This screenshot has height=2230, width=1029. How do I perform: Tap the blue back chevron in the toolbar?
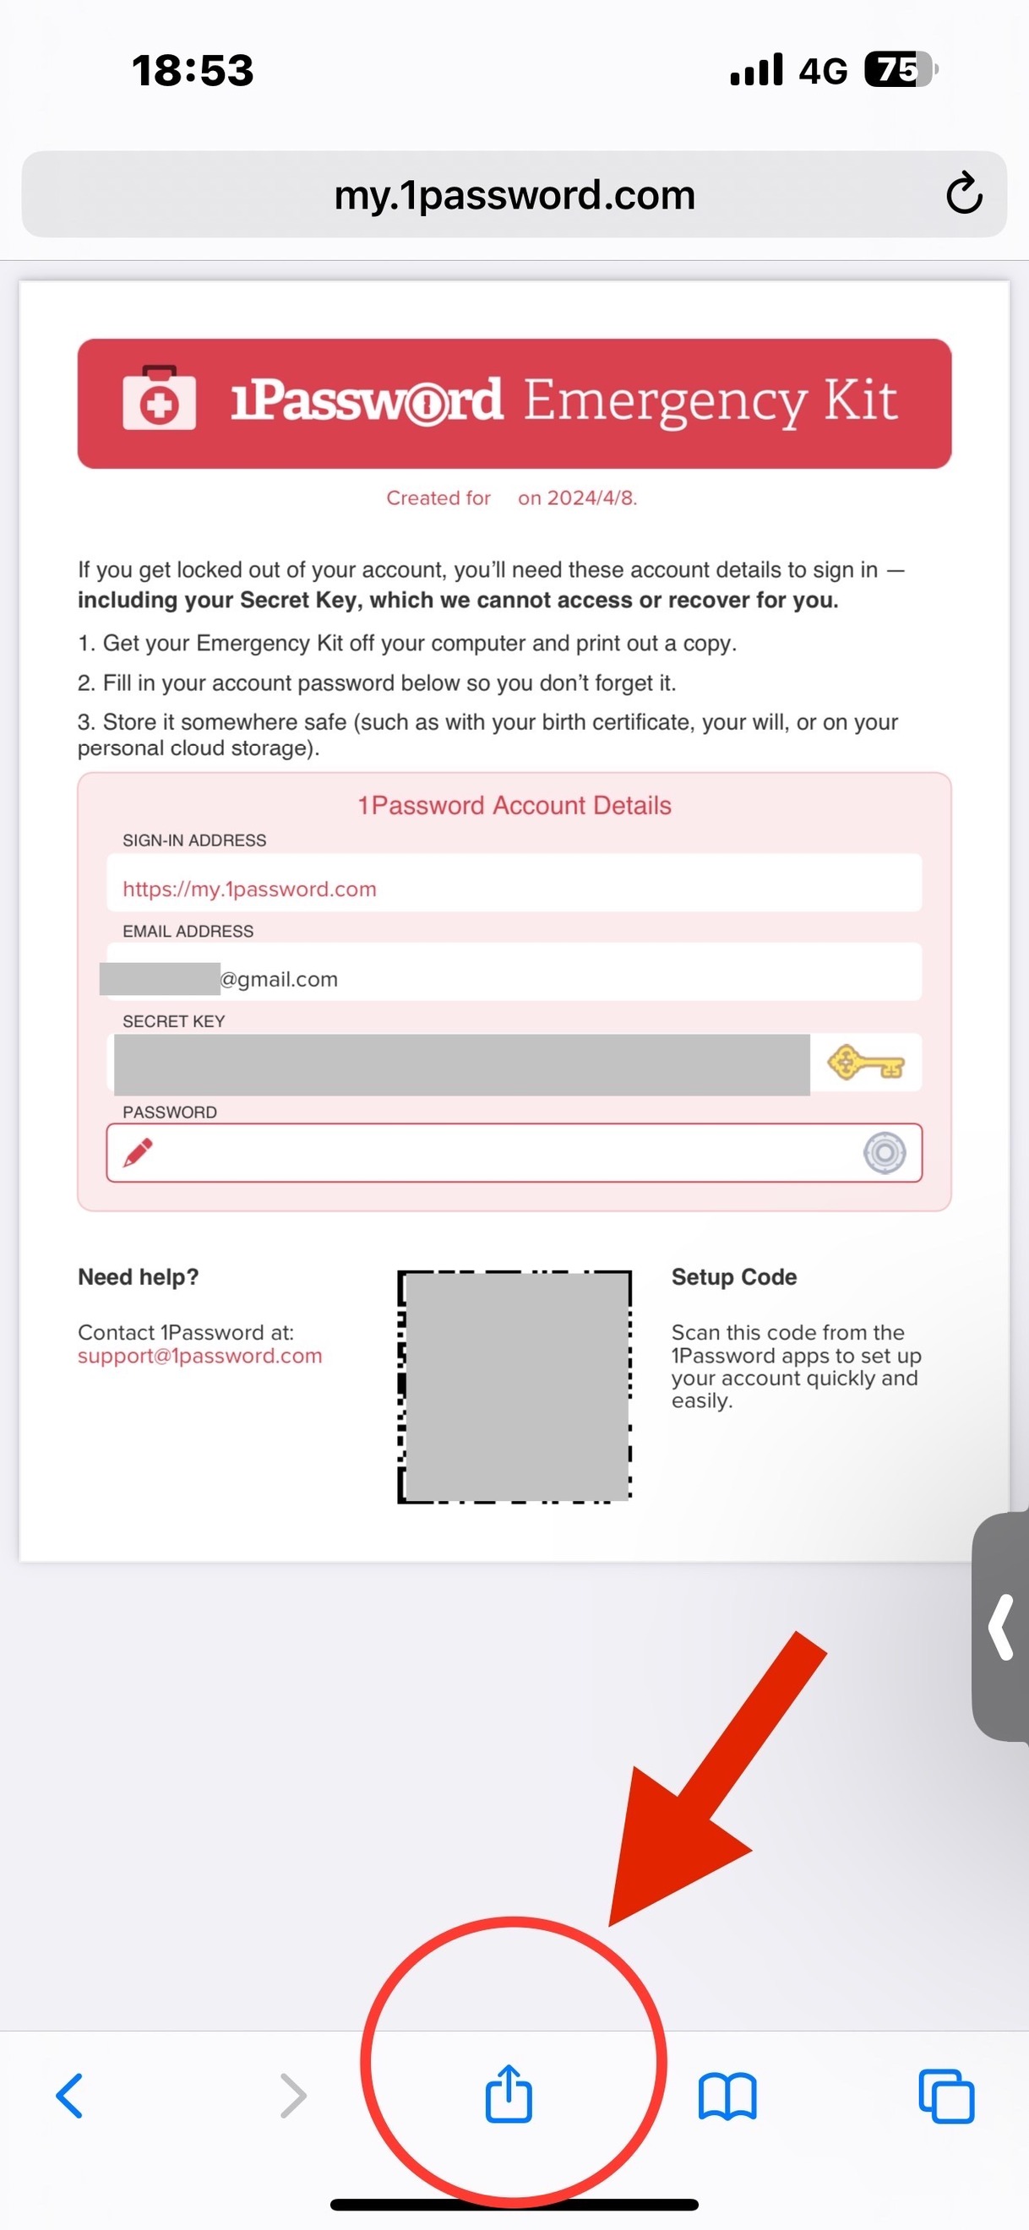pyautogui.click(x=69, y=2095)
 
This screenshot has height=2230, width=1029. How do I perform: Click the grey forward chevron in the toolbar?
pyautogui.click(x=294, y=2095)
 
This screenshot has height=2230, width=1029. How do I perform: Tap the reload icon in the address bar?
pyautogui.click(x=963, y=193)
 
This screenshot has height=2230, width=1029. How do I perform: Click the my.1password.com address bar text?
pyautogui.click(x=514, y=195)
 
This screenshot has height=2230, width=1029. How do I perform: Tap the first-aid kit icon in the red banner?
pyautogui.click(x=159, y=399)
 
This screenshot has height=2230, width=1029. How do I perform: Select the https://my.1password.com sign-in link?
pyautogui.click(x=249, y=889)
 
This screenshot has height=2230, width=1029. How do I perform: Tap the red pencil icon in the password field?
pyautogui.click(x=138, y=1152)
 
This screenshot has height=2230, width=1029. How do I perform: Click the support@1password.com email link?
pyautogui.click(x=200, y=1356)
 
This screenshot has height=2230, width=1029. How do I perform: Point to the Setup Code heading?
pyautogui.click(x=733, y=1277)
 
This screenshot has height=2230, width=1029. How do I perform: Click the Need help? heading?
pyautogui.click(x=139, y=1277)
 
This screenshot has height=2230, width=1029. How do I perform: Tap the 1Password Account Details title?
pyautogui.click(x=514, y=805)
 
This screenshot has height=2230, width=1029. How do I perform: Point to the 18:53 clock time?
pyautogui.click(x=193, y=70)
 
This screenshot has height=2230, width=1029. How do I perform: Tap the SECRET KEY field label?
pyautogui.click(x=173, y=1021)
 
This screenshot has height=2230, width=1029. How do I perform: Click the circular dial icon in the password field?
pyautogui.click(x=884, y=1152)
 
